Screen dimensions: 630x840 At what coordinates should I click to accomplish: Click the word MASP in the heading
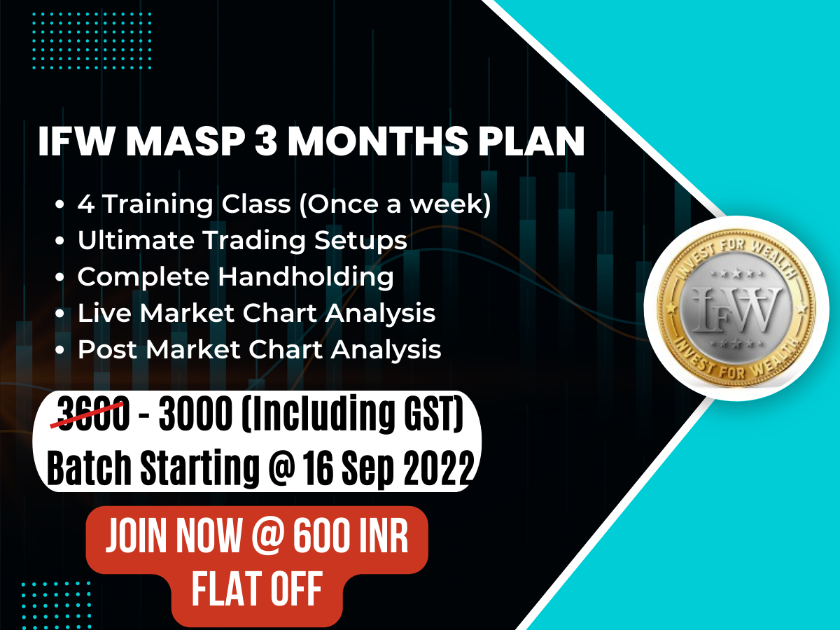click(187, 142)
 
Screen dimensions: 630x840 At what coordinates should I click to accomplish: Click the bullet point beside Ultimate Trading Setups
click(61, 241)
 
